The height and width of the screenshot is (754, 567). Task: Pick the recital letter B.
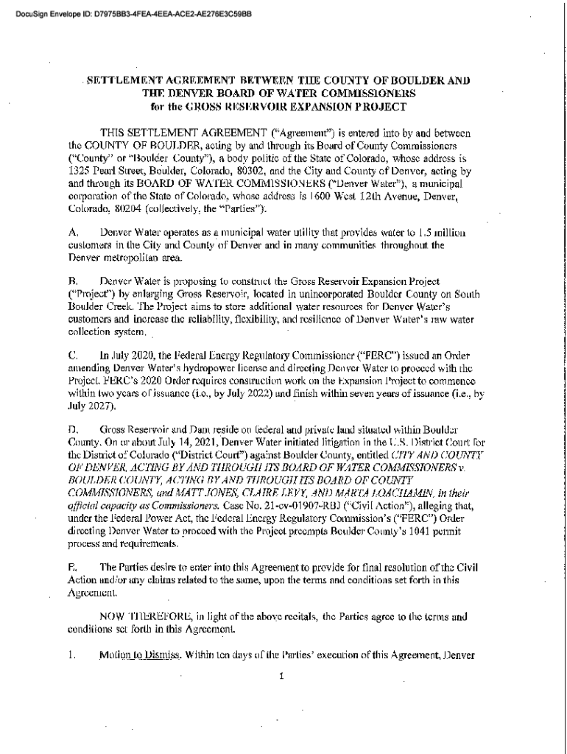coord(72,282)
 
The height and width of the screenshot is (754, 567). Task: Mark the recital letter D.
coord(72,429)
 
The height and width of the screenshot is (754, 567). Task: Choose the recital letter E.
coord(72,566)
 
